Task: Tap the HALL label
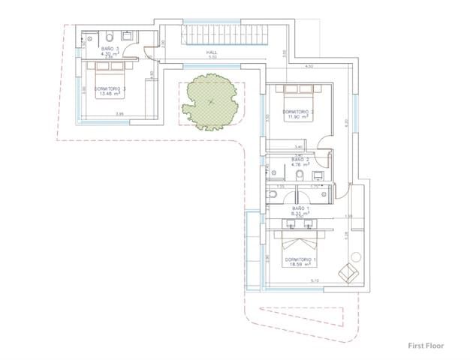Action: click(x=212, y=53)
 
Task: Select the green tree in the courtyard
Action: click(x=211, y=103)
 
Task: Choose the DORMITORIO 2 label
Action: click(x=298, y=112)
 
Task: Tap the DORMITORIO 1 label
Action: click(x=300, y=259)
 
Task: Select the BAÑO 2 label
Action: click(x=300, y=159)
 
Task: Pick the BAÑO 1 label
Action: click(x=298, y=208)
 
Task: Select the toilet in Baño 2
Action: click(x=299, y=176)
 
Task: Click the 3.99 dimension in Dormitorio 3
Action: click(x=120, y=114)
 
